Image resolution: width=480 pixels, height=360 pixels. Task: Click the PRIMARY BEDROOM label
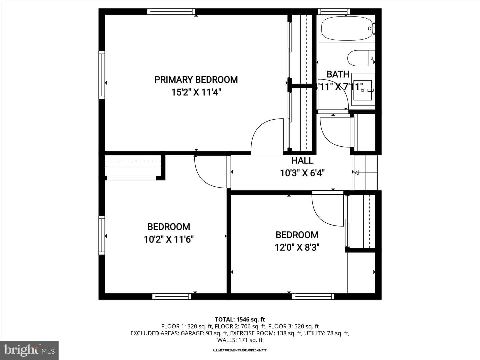click(x=196, y=80)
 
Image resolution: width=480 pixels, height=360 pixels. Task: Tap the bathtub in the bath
click(x=347, y=28)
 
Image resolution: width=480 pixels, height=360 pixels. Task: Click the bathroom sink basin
click(x=362, y=90)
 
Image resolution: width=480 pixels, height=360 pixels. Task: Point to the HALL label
click(x=302, y=160)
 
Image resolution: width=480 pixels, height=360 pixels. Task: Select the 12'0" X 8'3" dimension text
click(x=297, y=248)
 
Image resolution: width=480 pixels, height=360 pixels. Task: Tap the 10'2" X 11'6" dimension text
click(x=169, y=239)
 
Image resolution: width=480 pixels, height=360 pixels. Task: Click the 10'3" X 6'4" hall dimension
click(x=302, y=173)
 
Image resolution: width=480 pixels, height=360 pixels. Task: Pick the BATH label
click(x=338, y=74)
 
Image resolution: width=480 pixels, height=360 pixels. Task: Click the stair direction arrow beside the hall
click(x=366, y=173)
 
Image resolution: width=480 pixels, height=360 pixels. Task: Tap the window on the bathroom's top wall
click(x=334, y=12)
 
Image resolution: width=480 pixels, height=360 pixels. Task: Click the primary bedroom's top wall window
click(x=171, y=12)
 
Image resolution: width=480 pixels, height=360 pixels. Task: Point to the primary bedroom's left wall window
click(x=102, y=75)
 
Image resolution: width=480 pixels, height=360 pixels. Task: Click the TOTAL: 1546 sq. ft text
click(x=240, y=320)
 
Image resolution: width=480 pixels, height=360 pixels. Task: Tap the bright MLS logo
click(x=29, y=350)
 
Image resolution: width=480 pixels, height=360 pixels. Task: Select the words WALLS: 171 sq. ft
click(x=240, y=340)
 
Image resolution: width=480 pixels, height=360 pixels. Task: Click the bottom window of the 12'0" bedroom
click(x=313, y=296)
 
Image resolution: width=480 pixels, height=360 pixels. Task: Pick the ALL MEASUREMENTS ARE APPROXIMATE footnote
click(x=240, y=350)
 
